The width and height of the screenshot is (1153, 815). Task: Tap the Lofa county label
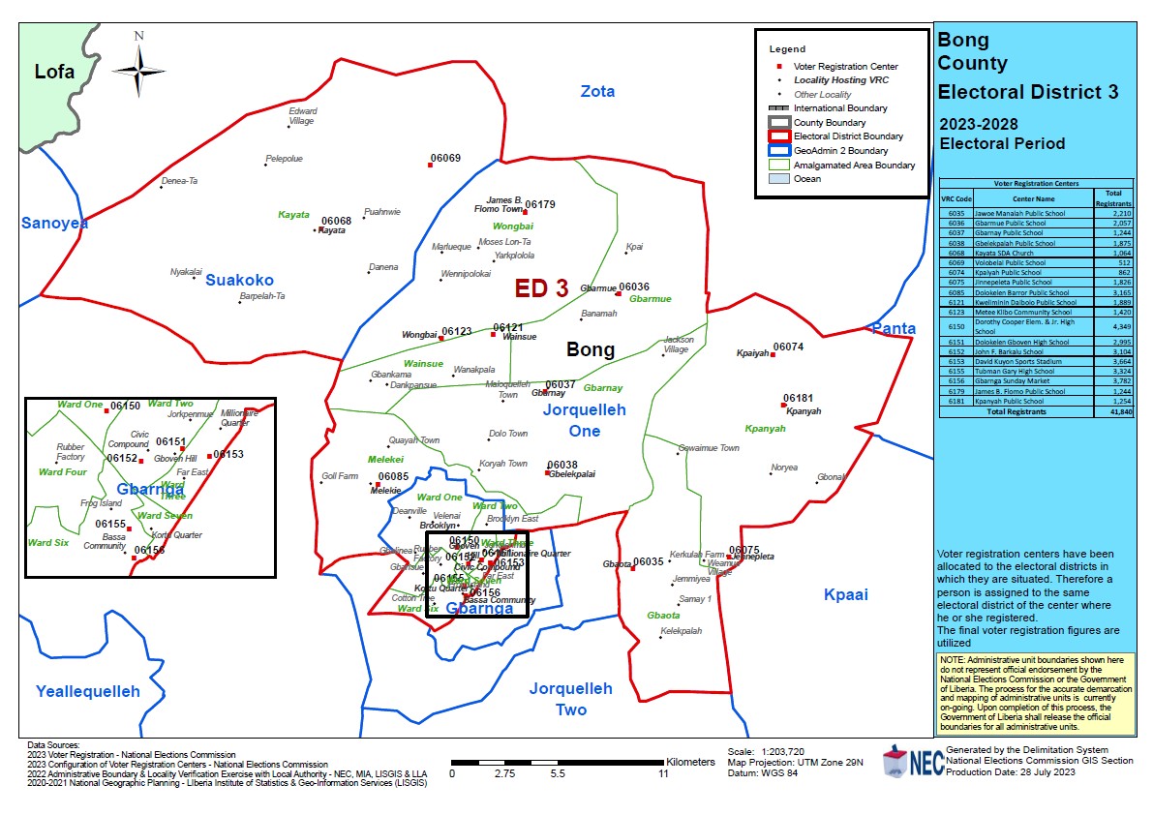click(x=54, y=72)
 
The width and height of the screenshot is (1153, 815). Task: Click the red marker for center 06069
click(x=431, y=166)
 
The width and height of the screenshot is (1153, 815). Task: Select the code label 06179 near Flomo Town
click(x=540, y=204)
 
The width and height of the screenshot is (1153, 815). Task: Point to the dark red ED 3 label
click(x=541, y=287)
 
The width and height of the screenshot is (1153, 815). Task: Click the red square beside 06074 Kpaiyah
click(x=773, y=354)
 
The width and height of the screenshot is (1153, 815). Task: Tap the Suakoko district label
click(x=239, y=280)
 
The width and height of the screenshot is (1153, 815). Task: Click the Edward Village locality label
click(x=302, y=116)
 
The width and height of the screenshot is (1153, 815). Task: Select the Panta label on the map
click(x=893, y=329)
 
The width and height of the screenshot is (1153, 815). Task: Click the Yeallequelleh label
click(x=88, y=691)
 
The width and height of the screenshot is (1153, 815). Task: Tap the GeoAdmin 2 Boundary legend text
click(x=840, y=151)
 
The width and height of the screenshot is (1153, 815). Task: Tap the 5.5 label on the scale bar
click(x=558, y=775)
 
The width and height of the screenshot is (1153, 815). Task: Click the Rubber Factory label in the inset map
click(x=71, y=452)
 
